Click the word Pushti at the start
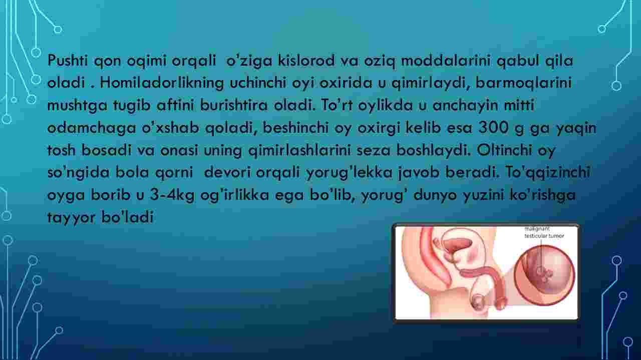point(68,61)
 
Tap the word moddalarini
point(446,61)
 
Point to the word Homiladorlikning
point(162,83)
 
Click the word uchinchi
point(258,83)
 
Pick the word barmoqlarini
point(523,83)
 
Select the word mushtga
point(77,106)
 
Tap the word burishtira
point(233,105)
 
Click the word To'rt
point(337,105)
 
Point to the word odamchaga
point(92,128)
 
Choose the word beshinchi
point(295,128)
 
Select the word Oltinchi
point(504,150)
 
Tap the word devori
point(227,172)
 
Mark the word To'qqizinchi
point(548,173)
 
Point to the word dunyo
point(435,195)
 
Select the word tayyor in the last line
point(71,217)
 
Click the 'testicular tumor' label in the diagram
point(544,236)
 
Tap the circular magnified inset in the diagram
point(544,275)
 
